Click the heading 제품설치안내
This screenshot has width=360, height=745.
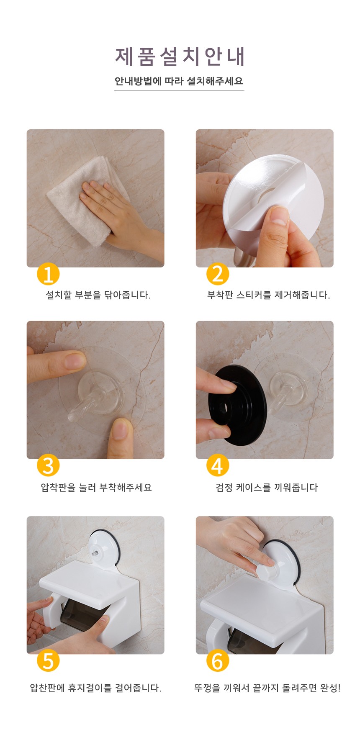coord(180,56)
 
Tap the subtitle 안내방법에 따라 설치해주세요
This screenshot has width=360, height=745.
coord(179,81)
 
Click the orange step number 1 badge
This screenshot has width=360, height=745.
coord(48,275)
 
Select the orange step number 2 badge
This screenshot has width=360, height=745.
coord(218,275)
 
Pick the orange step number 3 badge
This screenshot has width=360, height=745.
coord(48,466)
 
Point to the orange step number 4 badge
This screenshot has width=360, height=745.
coord(218,466)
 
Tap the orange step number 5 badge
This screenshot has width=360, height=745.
coord(48,661)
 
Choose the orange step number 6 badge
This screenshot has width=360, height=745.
coord(218,661)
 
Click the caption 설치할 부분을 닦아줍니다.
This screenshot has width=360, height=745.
coord(98,295)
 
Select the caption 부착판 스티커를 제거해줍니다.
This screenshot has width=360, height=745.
coord(268,295)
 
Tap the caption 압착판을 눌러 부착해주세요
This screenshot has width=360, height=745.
coord(96,488)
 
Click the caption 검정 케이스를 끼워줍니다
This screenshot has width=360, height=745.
coord(267,488)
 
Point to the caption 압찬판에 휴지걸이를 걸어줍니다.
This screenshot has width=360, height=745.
coord(95,688)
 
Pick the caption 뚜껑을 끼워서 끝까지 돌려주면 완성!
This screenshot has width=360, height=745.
coord(267,688)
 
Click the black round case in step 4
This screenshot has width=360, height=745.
coord(237,406)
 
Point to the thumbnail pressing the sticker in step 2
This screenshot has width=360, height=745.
coord(278,215)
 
